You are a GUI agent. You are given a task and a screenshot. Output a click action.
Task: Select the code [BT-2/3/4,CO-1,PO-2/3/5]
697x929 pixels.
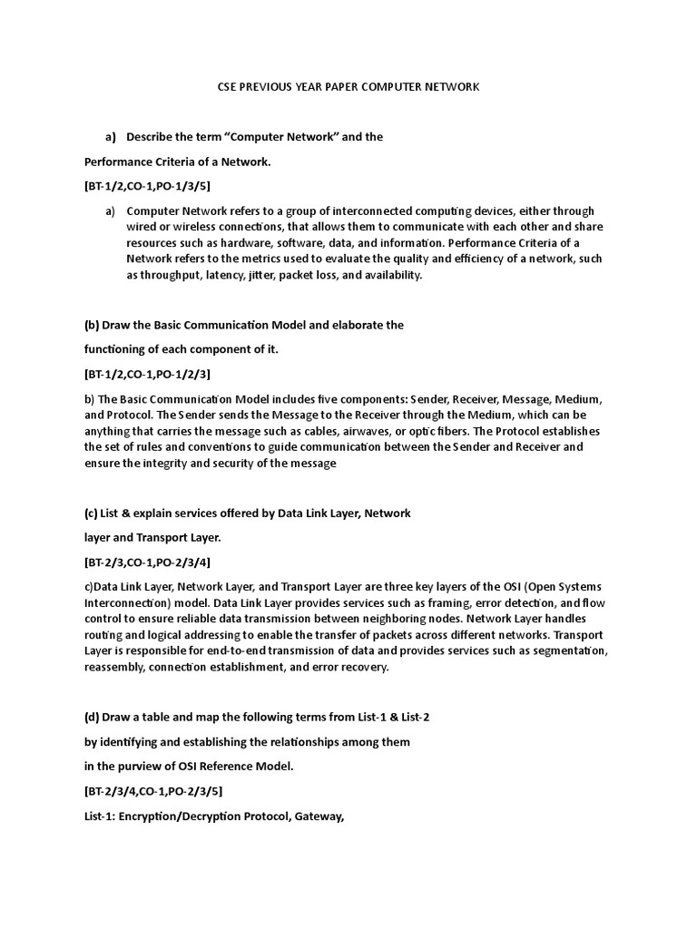(153, 790)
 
